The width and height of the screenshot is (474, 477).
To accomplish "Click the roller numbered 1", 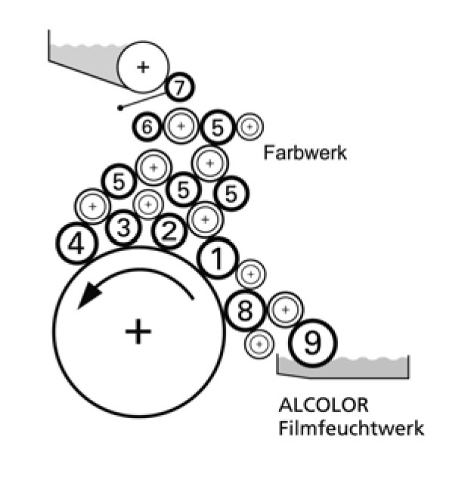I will pyautogui.click(x=218, y=259).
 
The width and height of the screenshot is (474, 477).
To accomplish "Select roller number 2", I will pyautogui.click(x=169, y=232).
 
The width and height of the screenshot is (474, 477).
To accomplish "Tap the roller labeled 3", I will pyautogui.click(x=124, y=227).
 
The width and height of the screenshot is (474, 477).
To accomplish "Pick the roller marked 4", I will pyautogui.click(x=76, y=243).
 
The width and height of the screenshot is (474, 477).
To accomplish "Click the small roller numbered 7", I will pyautogui.click(x=178, y=88).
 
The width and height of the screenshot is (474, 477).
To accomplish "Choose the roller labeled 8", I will pyautogui.click(x=244, y=310).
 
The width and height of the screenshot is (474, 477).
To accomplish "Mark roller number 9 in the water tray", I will pyautogui.click(x=312, y=345).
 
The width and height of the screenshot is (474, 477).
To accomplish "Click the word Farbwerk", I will pyautogui.click(x=305, y=153).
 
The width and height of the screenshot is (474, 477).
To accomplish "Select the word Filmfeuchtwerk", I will pyautogui.click(x=351, y=428).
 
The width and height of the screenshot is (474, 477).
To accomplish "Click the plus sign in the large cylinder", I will pyautogui.click(x=138, y=331).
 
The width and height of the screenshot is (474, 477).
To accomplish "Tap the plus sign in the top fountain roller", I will pyautogui.click(x=144, y=67).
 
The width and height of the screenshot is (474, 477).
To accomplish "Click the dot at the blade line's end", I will pyautogui.click(x=121, y=108).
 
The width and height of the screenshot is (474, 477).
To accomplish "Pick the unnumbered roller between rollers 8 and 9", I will pyautogui.click(x=285, y=308).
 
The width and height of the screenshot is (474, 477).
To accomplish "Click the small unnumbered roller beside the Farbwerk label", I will pyautogui.click(x=248, y=128).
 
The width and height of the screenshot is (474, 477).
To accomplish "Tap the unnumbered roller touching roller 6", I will pyautogui.click(x=181, y=127).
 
